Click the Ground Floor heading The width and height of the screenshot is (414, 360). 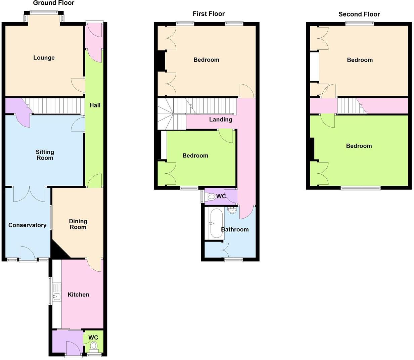(x=54, y=3)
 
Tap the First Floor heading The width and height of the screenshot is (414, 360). (x=209, y=14)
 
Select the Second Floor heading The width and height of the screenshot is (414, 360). (x=359, y=14)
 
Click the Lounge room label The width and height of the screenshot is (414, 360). (x=44, y=58)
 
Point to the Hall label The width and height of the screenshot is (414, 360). (x=95, y=105)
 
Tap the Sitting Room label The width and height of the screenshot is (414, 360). (x=45, y=155)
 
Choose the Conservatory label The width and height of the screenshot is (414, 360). (x=27, y=225)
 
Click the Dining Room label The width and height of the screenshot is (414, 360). (x=78, y=224)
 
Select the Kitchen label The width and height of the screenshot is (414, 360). (x=78, y=295)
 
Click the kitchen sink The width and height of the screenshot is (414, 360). (x=56, y=296)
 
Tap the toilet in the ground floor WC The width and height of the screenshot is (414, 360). (x=94, y=346)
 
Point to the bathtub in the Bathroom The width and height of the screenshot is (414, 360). (x=217, y=223)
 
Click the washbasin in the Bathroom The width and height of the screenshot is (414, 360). (x=232, y=211)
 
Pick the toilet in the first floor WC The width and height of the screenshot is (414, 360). (x=212, y=196)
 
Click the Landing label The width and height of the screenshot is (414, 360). (x=220, y=120)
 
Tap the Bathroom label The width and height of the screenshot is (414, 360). (x=235, y=230)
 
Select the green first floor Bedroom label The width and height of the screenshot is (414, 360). (x=195, y=155)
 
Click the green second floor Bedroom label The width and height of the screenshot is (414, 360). (x=359, y=146)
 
